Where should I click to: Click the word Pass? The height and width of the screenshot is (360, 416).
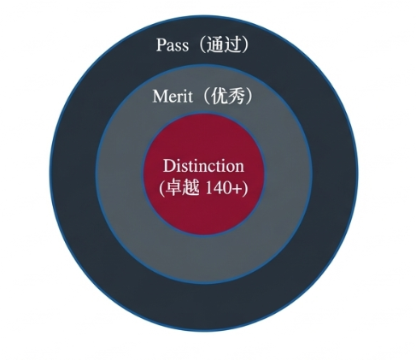pos(173,45)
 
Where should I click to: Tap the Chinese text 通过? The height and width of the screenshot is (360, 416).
pos(222,45)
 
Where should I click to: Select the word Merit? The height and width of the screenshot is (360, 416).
pos(173,97)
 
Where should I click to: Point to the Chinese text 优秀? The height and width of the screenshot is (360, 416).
pos(228,97)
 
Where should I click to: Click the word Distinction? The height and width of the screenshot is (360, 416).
pos(203,166)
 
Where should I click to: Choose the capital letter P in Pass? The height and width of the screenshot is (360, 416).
pos(161,45)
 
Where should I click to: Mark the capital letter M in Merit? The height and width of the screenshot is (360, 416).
pos(161,97)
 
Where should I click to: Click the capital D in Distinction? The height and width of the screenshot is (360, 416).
pos(169,166)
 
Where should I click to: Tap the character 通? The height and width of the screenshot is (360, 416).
pos(214,45)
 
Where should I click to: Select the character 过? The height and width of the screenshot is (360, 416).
pos(231,45)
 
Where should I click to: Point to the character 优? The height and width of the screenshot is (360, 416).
pos(220,97)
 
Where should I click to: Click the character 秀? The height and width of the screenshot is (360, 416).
pos(237,97)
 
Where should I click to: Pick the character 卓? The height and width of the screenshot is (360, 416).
pos(173,188)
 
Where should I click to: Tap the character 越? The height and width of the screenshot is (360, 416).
pos(190,188)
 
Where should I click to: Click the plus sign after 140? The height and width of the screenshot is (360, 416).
pos(237,189)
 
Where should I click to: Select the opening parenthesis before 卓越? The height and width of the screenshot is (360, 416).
pos(161,188)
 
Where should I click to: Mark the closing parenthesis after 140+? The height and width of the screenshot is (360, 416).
pos(244,188)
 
